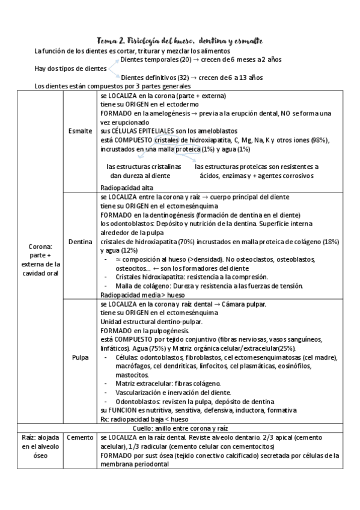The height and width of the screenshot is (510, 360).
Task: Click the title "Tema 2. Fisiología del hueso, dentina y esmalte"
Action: [180, 41]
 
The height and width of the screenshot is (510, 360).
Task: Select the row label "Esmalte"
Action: [80, 130]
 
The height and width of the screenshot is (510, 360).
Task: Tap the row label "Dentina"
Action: [80, 242]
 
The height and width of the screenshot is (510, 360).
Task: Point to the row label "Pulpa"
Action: [80, 357]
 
